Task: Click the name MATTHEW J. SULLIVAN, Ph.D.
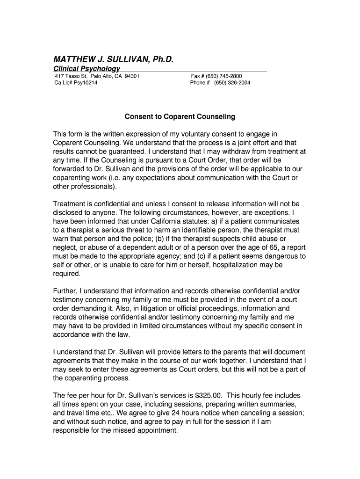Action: pos(114,60)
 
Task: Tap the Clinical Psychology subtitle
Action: pos(86,69)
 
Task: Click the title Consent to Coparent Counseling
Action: pos(180,116)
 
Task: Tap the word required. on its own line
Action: pos(67,274)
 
